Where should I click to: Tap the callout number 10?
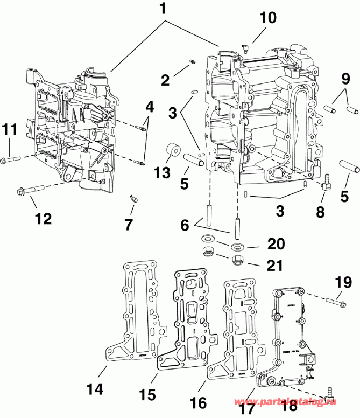(x=267, y=18)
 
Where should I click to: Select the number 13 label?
(x=161, y=173)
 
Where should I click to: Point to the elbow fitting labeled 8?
(x=326, y=185)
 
